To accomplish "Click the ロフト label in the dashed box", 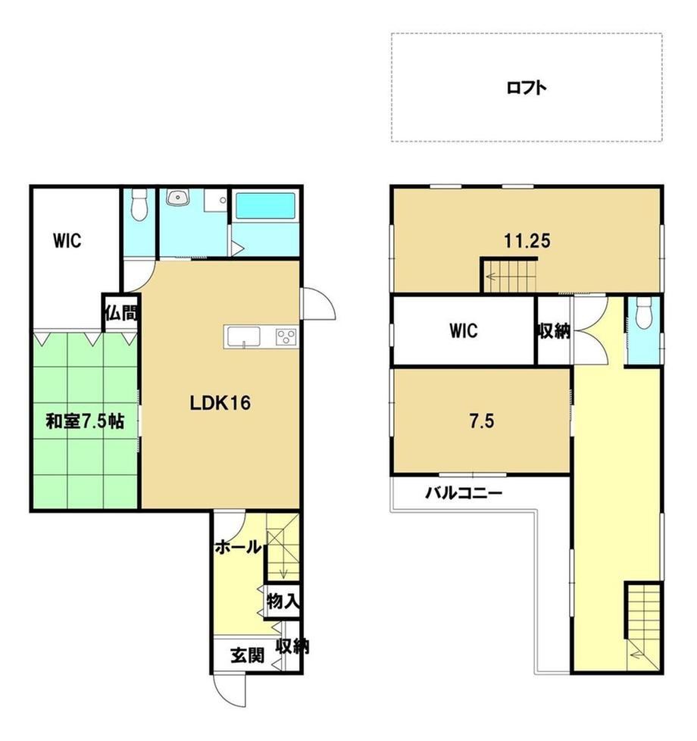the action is [x=527, y=88].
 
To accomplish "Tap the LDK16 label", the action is [x=220, y=403].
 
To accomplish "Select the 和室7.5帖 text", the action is [x=85, y=421].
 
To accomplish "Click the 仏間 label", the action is [x=121, y=313].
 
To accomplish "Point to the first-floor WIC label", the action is [x=67, y=240].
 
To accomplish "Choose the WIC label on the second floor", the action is [x=464, y=330].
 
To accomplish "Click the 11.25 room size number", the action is [x=527, y=241].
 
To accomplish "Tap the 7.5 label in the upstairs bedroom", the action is [x=482, y=421].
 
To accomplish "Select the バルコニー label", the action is [x=464, y=494].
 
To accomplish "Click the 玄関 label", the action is [x=247, y=655].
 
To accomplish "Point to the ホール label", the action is [x=238, y=547].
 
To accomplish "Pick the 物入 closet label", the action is [x=283, y=602].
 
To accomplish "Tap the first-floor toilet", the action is [x=139, y=205].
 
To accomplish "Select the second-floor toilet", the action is [x=644, y=314].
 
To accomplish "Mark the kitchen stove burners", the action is [x=287, y=337].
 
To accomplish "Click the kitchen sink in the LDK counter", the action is [x=244, y=337].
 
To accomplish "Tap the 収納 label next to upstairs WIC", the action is [x=553, y=331].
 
